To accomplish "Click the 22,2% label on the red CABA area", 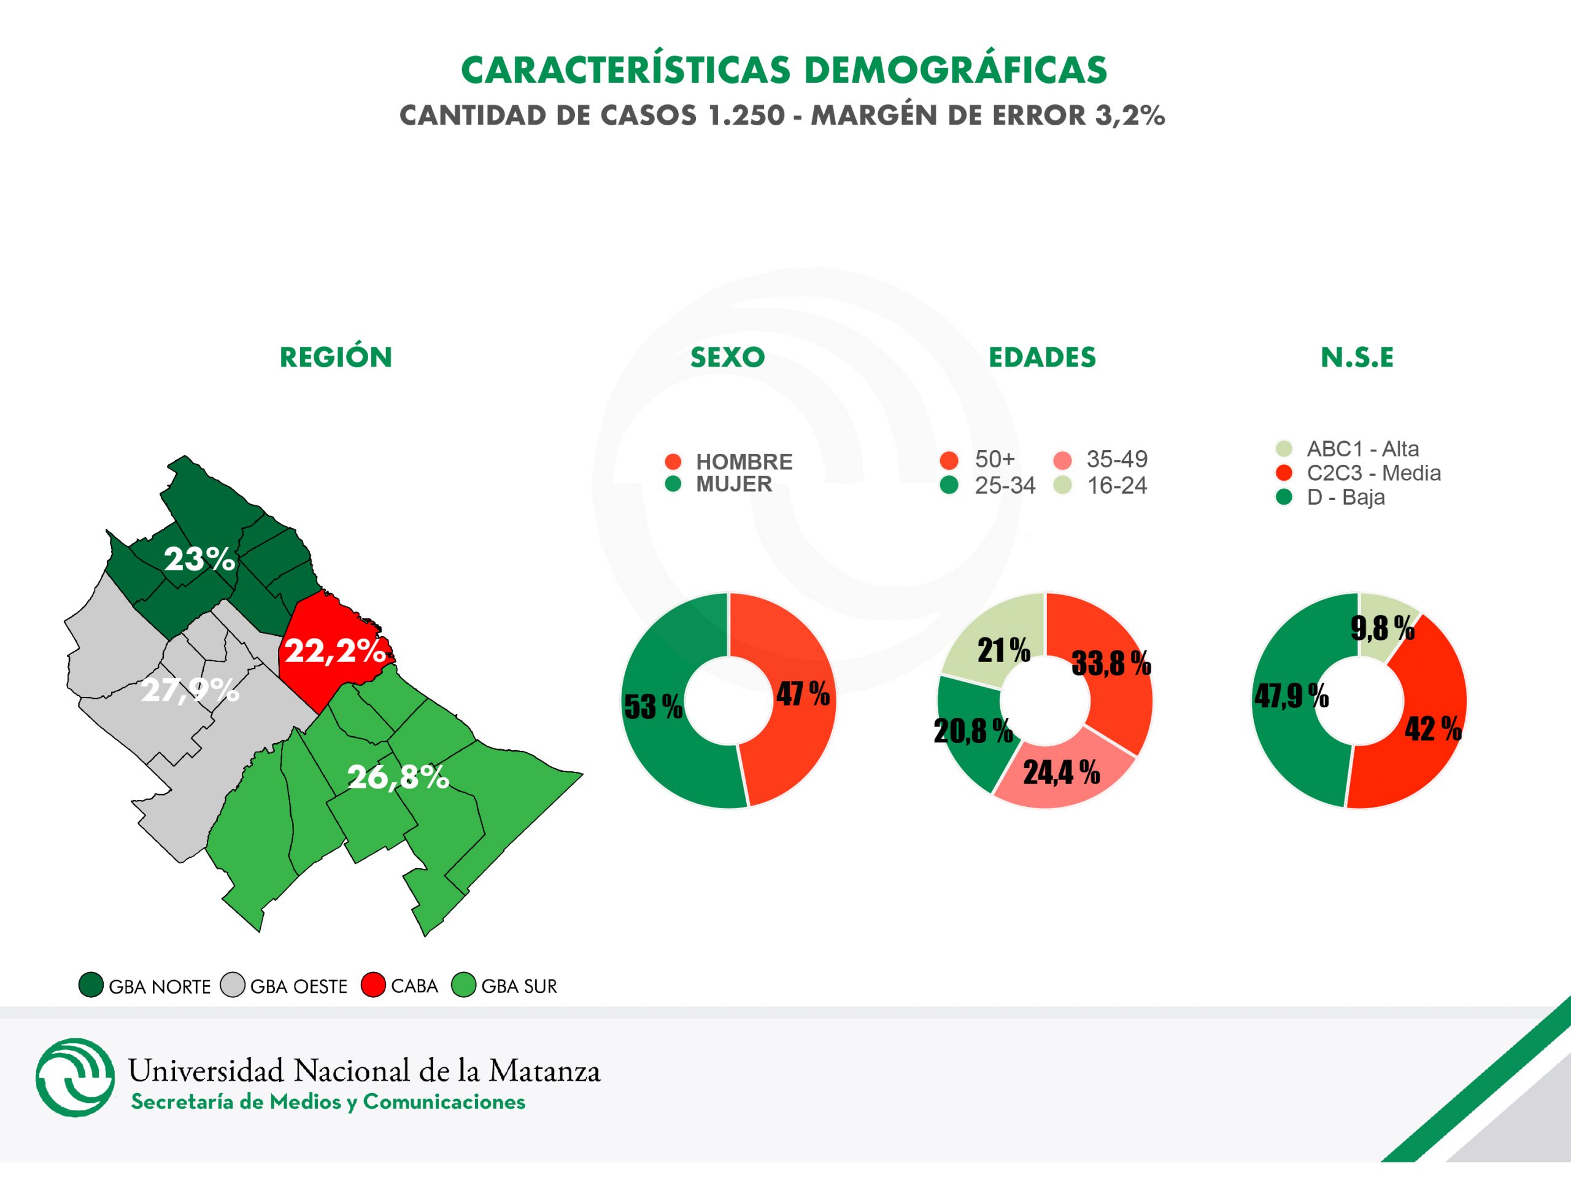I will (x=335, y=650).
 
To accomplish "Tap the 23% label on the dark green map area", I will (x=199, y=559).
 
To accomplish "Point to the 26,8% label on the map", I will (x=398, y=777).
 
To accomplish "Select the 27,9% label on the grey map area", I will (x=190, y=690).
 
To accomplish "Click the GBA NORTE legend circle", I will (x=91, y=985).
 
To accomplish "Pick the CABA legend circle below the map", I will (x=373, y=985).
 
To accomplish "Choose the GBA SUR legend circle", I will (x=463, y=985).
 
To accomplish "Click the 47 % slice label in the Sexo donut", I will (x=803, y=694).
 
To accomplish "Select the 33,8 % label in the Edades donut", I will (x=1111, y=663).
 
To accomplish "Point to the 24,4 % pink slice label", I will (x=1061, y=772).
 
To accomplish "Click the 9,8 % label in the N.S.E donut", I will (x=1382, y=628).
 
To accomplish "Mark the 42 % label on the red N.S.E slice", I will (x=1432, y=728).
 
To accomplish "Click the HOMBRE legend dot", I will (x=673, y=461).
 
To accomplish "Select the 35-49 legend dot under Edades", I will (x=1062, y=460).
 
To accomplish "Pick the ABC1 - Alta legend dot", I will (x=1283, y=448).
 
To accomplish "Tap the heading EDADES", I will (x=1042, y=357).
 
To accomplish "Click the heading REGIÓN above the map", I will (x=336, y=357).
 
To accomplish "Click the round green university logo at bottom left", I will (x=75, y=1078).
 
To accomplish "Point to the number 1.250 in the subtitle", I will (x=746, y=115).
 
